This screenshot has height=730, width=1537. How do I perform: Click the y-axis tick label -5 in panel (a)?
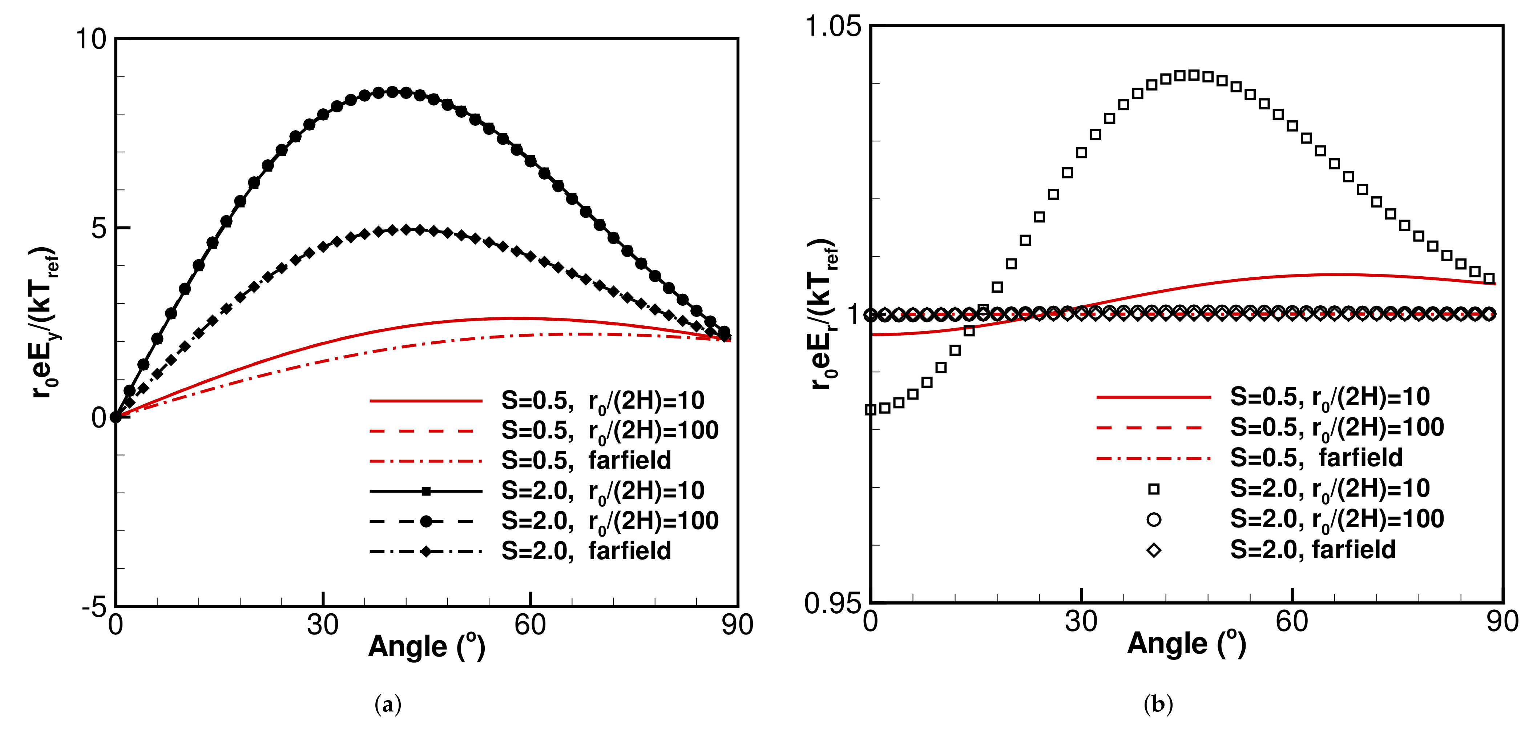(94, 607)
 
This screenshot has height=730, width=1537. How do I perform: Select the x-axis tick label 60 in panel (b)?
(1292, 621)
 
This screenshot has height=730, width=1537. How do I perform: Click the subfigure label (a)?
(388, 705)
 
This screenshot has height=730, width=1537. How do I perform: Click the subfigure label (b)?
(1158, 705)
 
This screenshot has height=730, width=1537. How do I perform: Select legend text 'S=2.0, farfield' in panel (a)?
(586, 550)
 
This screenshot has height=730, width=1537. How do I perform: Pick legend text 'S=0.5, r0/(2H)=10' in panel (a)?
(603, 401)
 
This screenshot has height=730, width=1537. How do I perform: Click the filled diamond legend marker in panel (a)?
(426, 551)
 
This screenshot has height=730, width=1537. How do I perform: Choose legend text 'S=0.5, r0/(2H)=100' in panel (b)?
(1336, 428)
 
